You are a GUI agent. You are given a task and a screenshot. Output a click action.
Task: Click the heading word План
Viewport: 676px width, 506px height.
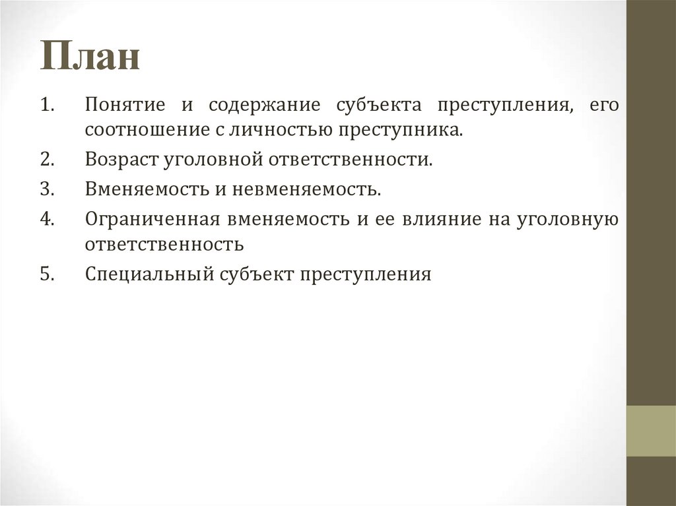(x=90, y=57)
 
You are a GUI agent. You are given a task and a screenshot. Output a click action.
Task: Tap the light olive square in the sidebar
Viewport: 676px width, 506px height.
(x=651, y=431)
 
